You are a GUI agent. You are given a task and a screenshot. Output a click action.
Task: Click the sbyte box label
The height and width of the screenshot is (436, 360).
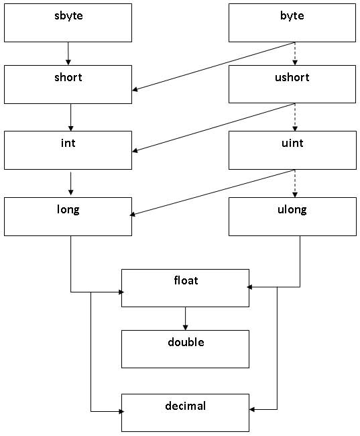coord(68,15)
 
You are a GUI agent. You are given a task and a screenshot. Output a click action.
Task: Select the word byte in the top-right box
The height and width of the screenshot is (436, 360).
coord(292,15)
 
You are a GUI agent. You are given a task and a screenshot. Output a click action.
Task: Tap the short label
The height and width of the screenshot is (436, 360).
coord(68,77)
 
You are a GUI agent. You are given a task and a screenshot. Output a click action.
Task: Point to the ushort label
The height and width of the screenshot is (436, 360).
coord(292,77)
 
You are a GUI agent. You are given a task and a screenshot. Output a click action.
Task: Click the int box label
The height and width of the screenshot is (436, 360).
coord(68,143)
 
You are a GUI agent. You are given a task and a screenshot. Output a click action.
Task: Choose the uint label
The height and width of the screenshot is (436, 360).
coord(292,143)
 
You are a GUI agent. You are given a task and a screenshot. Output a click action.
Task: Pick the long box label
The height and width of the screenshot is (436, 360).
coord(68,209)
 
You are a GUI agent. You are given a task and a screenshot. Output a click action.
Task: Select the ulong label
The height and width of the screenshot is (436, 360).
coord(292,209)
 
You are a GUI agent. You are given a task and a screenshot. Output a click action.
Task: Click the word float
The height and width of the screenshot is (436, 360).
coord(186,280)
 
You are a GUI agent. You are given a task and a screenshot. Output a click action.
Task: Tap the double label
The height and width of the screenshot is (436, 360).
coord(186,342)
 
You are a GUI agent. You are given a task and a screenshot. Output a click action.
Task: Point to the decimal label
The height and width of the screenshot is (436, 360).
coord(186,406)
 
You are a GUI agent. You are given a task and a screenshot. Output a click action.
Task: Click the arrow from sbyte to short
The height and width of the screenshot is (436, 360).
coord(68,54)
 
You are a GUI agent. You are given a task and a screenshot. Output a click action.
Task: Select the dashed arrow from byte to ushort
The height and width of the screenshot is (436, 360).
coord(295,54)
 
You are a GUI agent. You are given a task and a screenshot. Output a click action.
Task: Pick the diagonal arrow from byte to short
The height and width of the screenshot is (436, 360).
coord(213,66)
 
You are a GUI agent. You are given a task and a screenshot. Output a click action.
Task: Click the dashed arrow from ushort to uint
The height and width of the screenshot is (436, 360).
coord(295,117)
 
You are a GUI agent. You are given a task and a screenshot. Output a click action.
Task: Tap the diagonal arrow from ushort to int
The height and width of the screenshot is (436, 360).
coord(213,128)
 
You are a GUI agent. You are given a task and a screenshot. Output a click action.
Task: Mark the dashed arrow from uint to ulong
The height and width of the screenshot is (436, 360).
coord(295,184)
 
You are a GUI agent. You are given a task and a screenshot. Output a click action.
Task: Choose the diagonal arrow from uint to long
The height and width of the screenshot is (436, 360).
coord(213,193)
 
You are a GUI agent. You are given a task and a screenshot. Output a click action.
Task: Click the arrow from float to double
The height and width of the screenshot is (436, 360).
coord(186,319)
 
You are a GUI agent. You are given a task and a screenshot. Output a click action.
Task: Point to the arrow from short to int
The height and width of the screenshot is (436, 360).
coord(70,117)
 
